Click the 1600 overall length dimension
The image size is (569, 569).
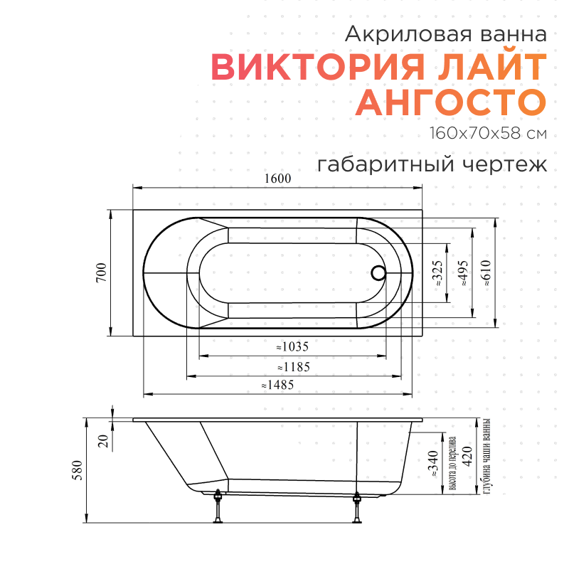(x=277, y=179)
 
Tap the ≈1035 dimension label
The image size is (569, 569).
(x=292, y=347)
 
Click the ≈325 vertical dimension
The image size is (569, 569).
(x=438, y=273)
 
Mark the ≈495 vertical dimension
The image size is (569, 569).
(x=463, y=273)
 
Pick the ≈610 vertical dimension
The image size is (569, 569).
(x=486, y=273)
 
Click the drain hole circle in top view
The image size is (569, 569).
(x=378, y=272)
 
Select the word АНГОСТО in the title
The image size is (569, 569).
(x=451, y=102)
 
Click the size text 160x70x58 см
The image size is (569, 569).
(x=488, y=133)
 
